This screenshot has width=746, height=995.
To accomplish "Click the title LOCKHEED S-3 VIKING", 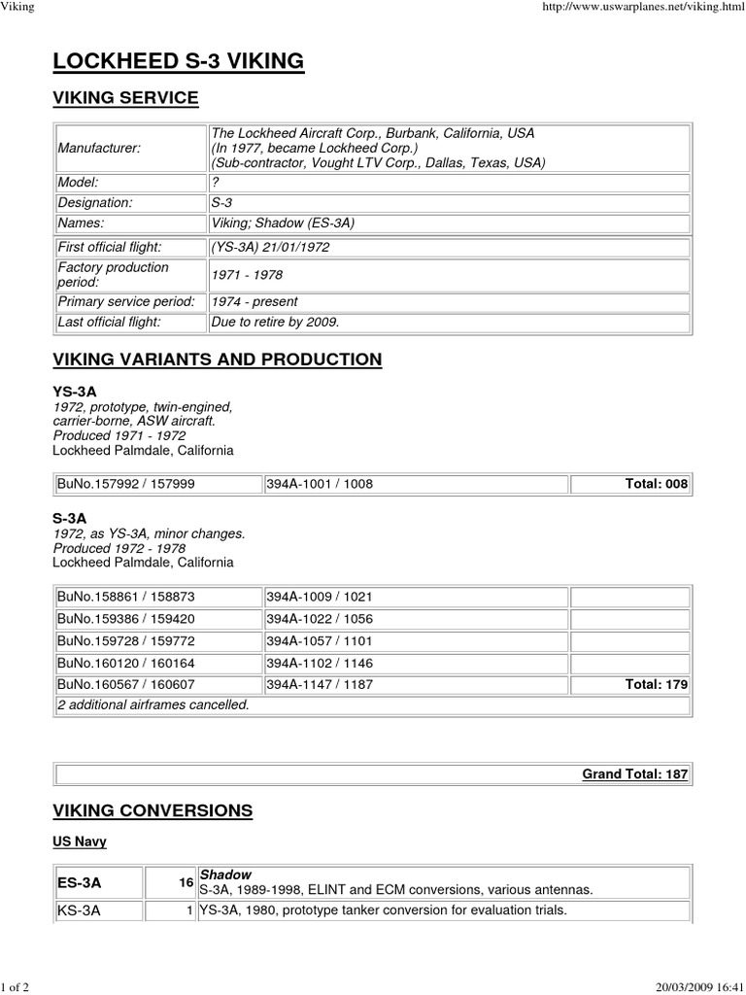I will pos(179,62).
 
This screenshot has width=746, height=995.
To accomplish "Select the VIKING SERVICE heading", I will pos(125,98).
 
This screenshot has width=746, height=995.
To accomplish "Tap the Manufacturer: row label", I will pos(99,148).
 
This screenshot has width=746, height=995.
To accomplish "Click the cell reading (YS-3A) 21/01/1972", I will pos(270,247).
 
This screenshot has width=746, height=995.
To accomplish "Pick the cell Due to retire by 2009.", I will pos(275,322).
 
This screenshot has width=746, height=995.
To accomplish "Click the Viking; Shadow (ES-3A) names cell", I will pos(283,223).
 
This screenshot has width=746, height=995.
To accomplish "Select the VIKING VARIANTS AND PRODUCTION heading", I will pos(217,360).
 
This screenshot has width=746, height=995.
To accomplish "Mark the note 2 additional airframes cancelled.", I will pos(153,704).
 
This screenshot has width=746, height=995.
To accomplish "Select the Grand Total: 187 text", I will pos(634,773).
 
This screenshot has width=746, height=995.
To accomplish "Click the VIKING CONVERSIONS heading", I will pos(153,810).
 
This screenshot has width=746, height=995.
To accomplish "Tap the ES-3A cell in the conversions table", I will pos(79,883).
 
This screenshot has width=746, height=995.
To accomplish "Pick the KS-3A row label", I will pos(79,911).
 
